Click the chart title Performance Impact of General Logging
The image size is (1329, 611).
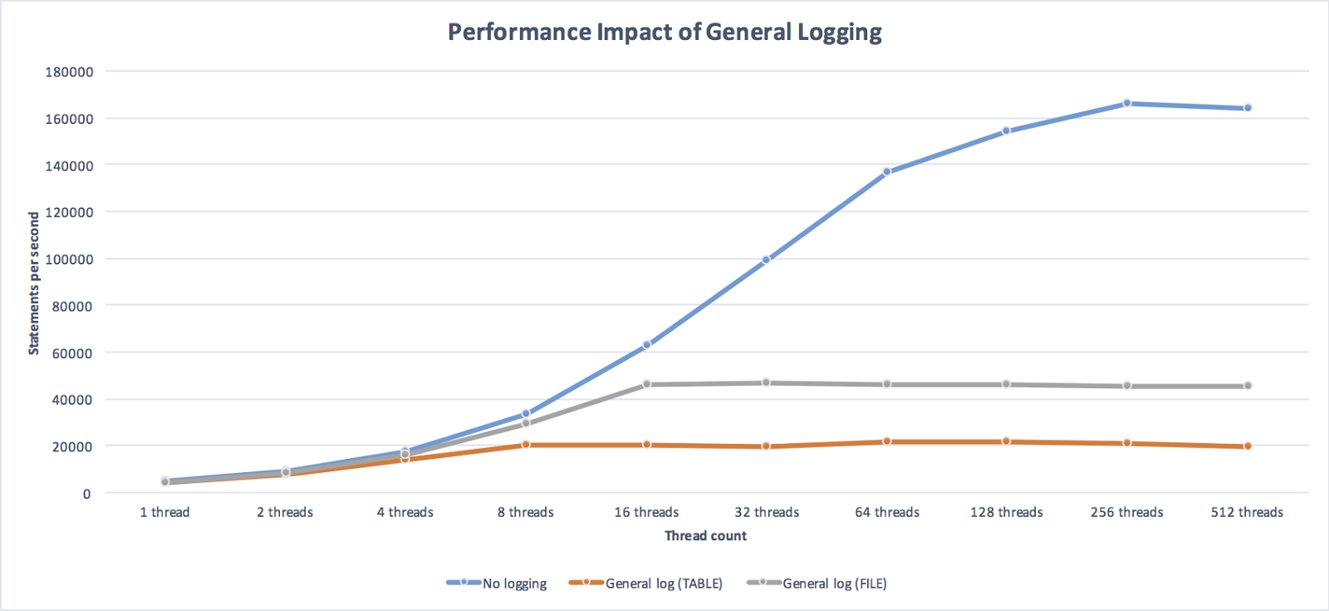coord(664,32)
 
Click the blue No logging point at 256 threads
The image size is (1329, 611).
coord(1127,103)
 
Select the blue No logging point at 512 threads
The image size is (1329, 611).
coord(1248,108)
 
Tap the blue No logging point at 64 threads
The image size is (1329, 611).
coord(887,172)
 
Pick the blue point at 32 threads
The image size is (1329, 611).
coord(766,260)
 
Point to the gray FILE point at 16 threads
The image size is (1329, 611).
coord(646,384)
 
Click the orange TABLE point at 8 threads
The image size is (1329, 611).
coord(526,445)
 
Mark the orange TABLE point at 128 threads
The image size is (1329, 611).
coord(1007,441)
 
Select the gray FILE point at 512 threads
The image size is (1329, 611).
coord(1248,386)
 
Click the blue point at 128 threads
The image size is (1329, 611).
coord(1007,131)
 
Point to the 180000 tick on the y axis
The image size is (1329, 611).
coord(69,72)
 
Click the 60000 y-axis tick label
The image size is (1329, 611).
coord(72,353)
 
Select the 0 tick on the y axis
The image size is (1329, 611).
coord(86,494)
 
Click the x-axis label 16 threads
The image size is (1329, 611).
coord(646,512)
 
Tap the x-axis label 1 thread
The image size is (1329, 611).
coord(164,512)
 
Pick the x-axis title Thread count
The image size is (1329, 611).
coord(705,536)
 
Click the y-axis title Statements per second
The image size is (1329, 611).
coord(34,283)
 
